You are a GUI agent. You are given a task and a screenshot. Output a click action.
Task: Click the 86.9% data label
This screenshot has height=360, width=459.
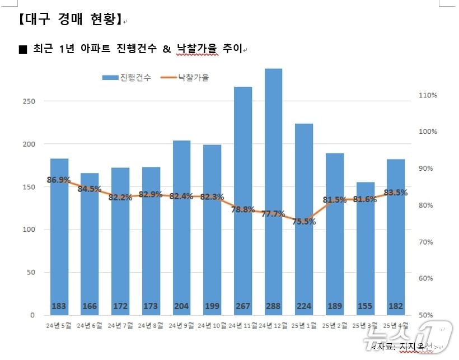(x=59, y=180)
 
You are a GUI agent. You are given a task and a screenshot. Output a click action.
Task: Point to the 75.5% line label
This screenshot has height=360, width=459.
(x=304, y=222)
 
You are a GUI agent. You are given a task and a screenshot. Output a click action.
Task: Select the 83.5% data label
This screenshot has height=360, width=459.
(x=396, y=193)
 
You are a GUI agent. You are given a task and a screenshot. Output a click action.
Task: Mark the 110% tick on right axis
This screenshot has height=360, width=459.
(x=428, y=96)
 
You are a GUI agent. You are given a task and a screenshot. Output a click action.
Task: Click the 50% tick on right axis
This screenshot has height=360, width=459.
(x=428, y=315)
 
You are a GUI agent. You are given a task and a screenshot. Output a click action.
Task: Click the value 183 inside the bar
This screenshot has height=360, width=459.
(x=59, y=306)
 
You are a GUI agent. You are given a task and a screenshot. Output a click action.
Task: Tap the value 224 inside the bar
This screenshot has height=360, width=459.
(x=304, y=306)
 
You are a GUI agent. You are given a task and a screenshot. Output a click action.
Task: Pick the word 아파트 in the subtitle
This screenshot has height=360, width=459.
(x=90, y=49)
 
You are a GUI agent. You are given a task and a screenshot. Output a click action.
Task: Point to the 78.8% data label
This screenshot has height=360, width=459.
(x=243, y=210)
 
